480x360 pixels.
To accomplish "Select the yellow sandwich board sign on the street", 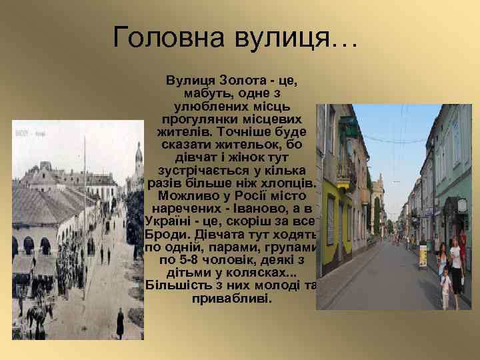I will click(x=423, y=255).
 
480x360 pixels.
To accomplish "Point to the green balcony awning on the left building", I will click(x=348, y=127).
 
